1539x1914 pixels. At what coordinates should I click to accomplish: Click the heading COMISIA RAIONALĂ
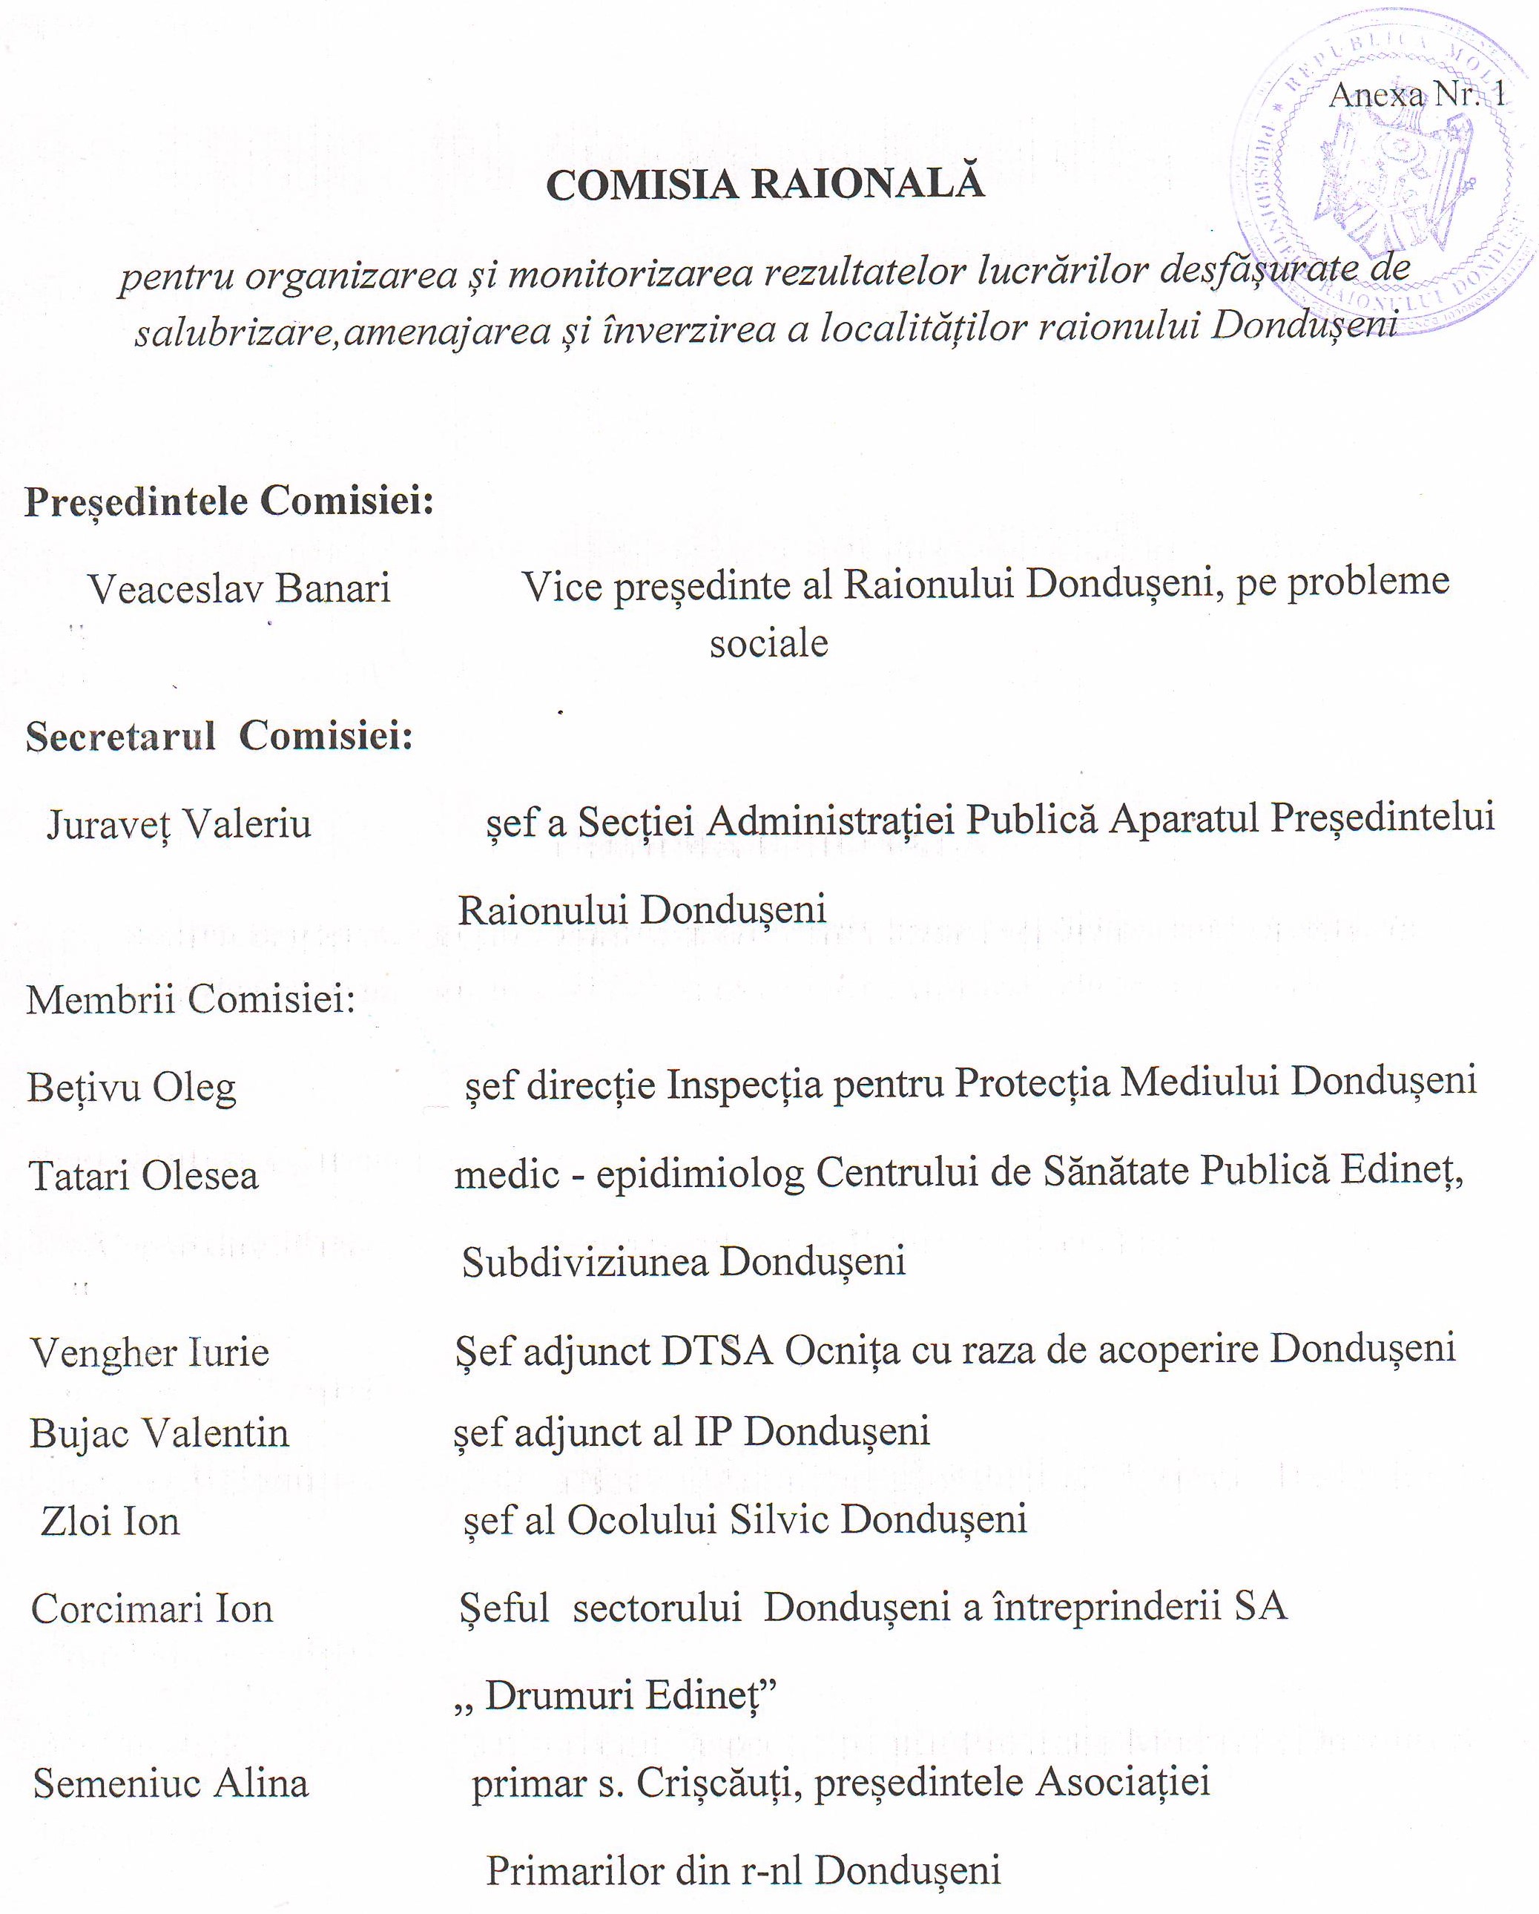click(x=765, y=184)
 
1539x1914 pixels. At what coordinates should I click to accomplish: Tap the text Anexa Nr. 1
click(x=1417, y=94)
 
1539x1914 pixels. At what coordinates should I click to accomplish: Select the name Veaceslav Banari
click(x=239, y=588)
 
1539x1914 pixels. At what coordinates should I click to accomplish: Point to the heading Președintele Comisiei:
click(x=229, y=501)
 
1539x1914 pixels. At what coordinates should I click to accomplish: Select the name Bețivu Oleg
click(x=131, y=1088)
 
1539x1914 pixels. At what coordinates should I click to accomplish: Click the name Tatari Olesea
click(x=144, y=1177)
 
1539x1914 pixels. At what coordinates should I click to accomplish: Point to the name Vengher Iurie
click(x=150, y=1352)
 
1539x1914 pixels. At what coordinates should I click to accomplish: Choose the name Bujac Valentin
click(x=159, y=1433)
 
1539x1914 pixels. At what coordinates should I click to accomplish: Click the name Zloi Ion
click(x=110, y=1521)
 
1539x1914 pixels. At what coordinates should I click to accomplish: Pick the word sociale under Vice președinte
click(x=768, y=642)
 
